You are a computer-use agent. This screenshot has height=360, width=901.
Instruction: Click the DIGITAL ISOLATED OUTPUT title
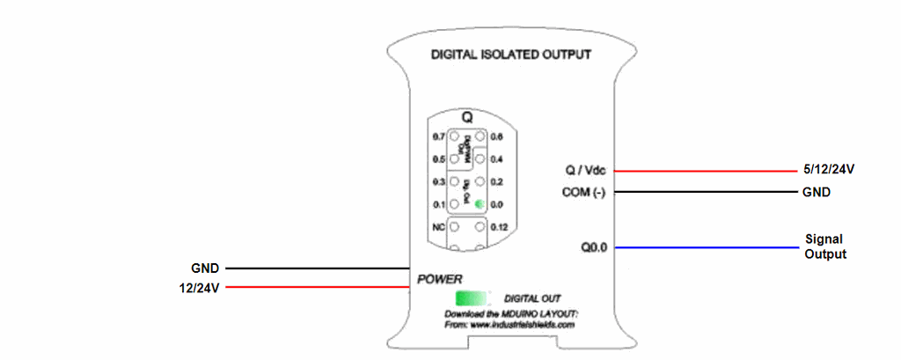(x=510, y=55)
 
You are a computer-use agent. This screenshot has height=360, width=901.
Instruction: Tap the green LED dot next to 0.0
(x=479, y=204)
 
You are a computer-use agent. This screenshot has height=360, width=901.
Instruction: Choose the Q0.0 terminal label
(x=594, y=248)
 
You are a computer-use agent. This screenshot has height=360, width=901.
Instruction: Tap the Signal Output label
(x=825, y=246)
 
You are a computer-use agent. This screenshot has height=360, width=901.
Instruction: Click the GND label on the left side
(x=204, y=267)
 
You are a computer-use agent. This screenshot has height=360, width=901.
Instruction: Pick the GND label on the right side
(x=817, y=193)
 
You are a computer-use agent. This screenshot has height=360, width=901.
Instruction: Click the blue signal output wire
(x=704, y=248)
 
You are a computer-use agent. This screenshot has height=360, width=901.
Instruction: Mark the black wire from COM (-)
(x=704, y=193)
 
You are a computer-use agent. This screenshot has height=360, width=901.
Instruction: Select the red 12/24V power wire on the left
(x=317, y=288)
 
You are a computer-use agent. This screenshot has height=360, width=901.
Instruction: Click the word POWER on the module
(x=439, y=279)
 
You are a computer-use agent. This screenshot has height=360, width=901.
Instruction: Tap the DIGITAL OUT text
(x=532, y=298)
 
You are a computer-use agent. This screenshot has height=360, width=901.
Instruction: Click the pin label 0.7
(x=439, y=137)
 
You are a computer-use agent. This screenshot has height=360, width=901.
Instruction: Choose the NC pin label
(x=439, y=227)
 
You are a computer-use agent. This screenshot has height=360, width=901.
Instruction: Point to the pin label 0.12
(x=499, y=227)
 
